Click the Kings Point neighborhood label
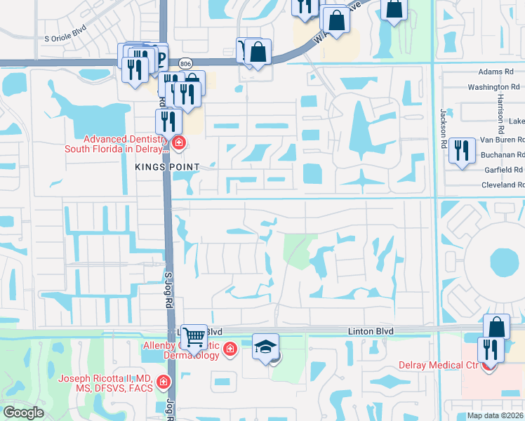pos(168,167)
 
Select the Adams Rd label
pos(496,72)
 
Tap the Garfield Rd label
pos(503,170)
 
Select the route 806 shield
pos(185,63)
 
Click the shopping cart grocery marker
pos(194,336)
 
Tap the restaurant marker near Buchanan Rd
pos(461,150)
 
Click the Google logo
pos(23,413)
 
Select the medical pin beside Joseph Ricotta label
pos(164,382)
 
